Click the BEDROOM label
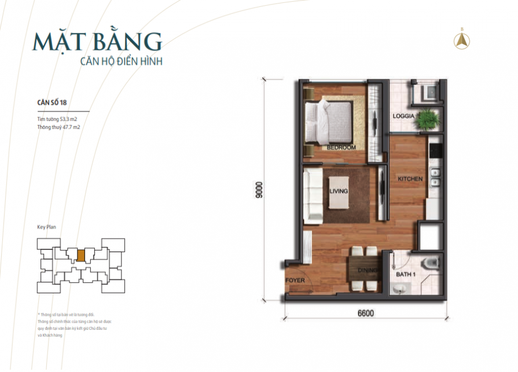(341, 148)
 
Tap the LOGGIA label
(403, 116)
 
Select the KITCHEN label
(410, 179)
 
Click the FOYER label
(295, 281)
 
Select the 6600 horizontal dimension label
(365, 314)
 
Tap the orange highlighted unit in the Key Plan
(81, 255)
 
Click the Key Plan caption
(46, 227)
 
